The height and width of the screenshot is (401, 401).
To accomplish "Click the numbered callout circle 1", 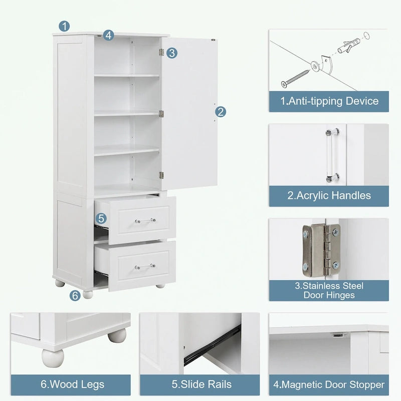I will (64, 26).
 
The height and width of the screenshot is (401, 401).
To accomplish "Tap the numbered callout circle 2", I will (220, 112).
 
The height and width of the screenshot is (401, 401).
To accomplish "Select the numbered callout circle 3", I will (172, 53).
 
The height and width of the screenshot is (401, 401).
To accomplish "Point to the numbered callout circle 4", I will (109, 35).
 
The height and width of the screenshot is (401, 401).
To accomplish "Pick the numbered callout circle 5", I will (101, 218).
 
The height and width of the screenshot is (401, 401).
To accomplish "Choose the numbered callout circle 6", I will (75, 296).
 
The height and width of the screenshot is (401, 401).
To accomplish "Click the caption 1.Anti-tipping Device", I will (329, 101).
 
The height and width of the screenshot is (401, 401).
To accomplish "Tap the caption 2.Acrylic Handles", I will (329, 195).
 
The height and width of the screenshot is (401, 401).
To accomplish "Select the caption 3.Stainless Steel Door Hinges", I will (329, 290).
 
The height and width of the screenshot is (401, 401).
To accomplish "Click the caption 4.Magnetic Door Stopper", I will (329, 385).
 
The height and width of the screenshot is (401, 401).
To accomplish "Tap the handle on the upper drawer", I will (145, 220).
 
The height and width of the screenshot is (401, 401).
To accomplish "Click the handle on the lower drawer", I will (145, 266).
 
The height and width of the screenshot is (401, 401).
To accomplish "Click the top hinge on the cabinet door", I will (161, 52).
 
